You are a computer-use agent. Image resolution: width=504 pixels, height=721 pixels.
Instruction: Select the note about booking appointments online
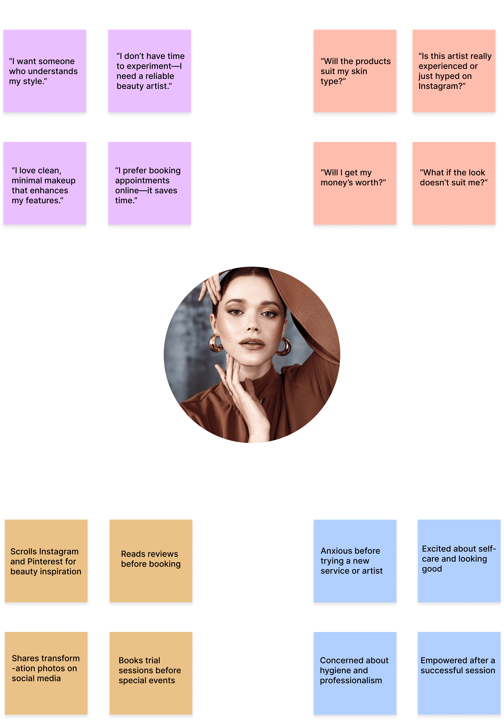[150, 183]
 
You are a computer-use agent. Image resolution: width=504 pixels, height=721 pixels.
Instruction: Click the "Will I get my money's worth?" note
[355, 183]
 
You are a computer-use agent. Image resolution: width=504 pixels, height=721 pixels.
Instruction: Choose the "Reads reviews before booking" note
[151, 561]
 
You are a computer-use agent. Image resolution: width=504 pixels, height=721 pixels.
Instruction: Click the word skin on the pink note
[359, 71]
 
